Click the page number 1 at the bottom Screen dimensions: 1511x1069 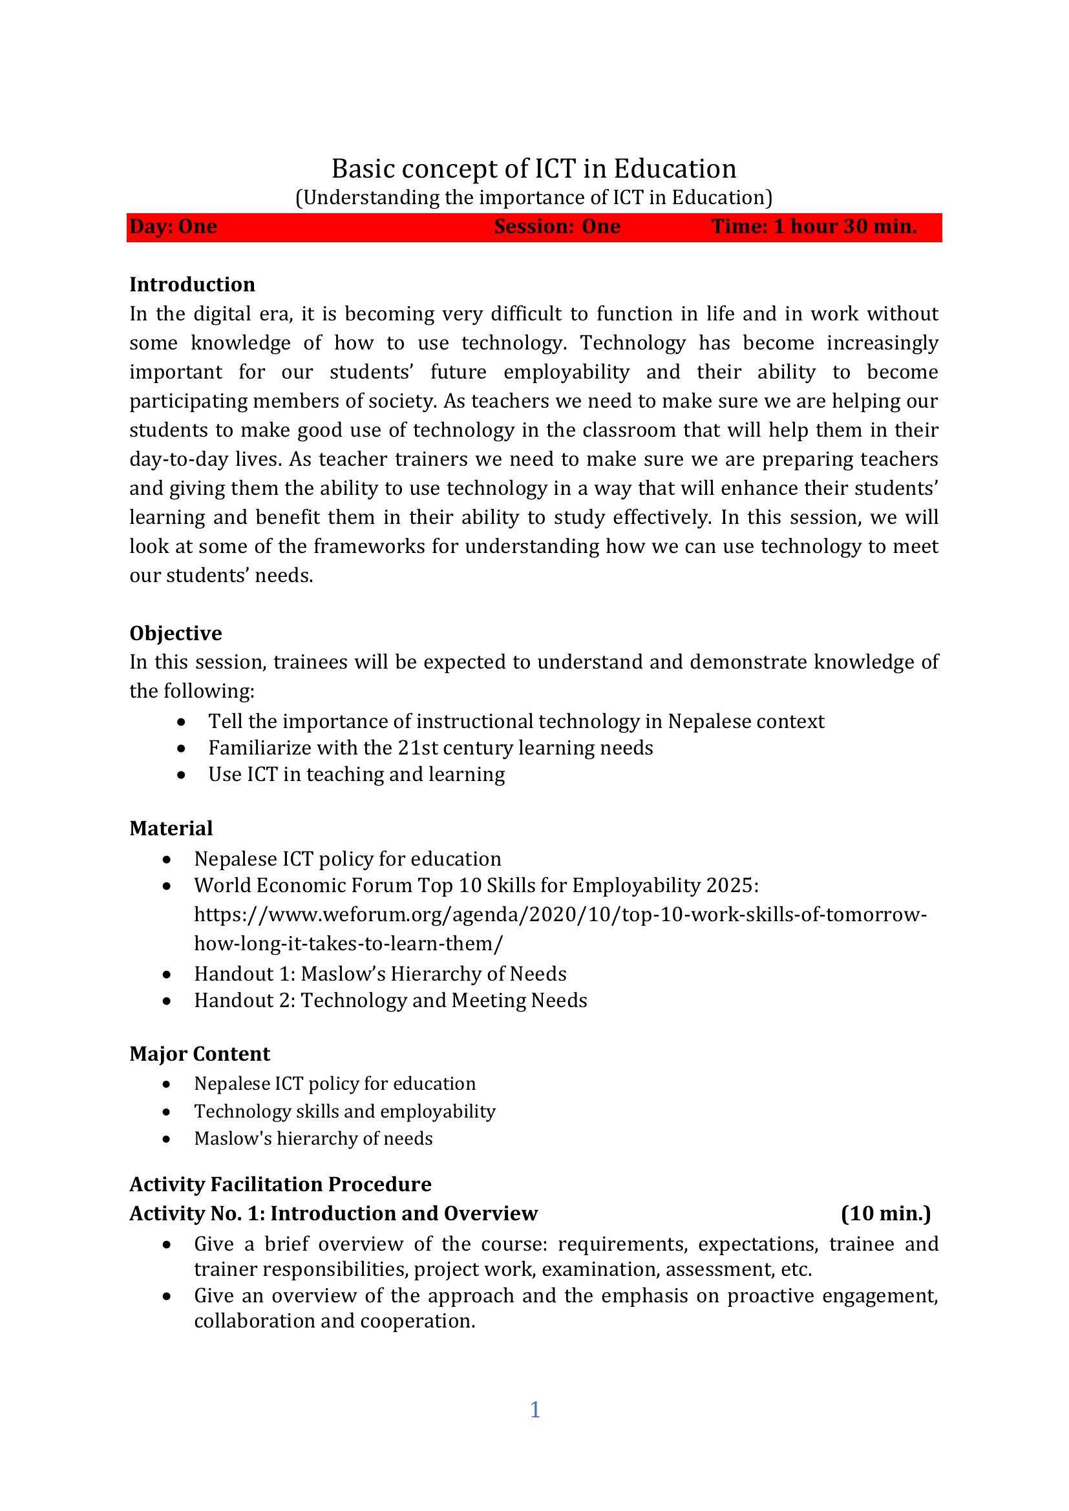[x=534, y=1410]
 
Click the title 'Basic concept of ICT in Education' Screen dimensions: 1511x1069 [x=534, y=169]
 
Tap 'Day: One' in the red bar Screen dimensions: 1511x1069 [x=173, y=226]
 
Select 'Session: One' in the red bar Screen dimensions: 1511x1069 [x=557, y=226]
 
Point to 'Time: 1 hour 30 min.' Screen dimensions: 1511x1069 [x=814, y=226]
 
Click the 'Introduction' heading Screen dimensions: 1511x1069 [x=192, y=284]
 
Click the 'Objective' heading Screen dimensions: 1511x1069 [x=176, y=633]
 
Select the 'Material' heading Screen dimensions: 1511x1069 [x=171, y=828]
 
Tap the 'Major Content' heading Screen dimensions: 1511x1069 [x=200, y=1054]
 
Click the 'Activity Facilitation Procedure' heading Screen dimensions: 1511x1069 [x=280, y=1184]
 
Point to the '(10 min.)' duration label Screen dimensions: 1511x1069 [x=886, y=1213]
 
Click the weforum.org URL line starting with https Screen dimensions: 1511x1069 [x=560, y=915]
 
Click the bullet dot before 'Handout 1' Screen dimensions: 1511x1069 [x=168, y=975]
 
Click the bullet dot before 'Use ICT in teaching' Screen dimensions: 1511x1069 [x=182, y=775]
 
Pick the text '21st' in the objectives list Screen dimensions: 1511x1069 [x=418, y=748]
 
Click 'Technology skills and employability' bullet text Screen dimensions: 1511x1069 [x=344, y=1111]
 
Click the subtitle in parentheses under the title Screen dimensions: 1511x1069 [x=534, y=198]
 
